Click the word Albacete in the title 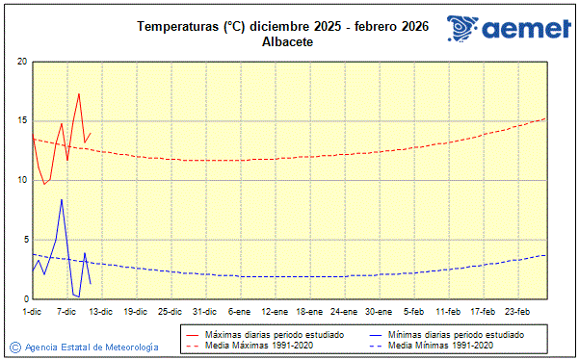pyautogui.click(x=289, y=42)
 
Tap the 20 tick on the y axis pyautogui.click(x=21, y=62)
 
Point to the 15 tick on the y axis pyautogui.click(x=21, y=121)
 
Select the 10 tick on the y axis pyautogui.click(x=21, y=180)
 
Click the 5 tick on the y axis pyautogui.click(x=24, y=240)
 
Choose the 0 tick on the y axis pyautogui.click(x=24, y=299)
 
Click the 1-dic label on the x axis pyautogui.click(x=33, y=311)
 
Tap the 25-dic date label pyautogui.click(x=170, y=311)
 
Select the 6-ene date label pyautogui.click(x=239, y=311)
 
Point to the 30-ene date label pyautogui.click(x=378, y=311)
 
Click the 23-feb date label pyautogui.click(x=517, y=311)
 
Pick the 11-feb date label pyautogui.click(x=448, y=311)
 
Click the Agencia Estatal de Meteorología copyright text pyautogui.click(x=92, y=347)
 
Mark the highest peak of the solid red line pyautogui.click(x=79, y=93)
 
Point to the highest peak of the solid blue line pyautogui.click(x=62, y=199)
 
